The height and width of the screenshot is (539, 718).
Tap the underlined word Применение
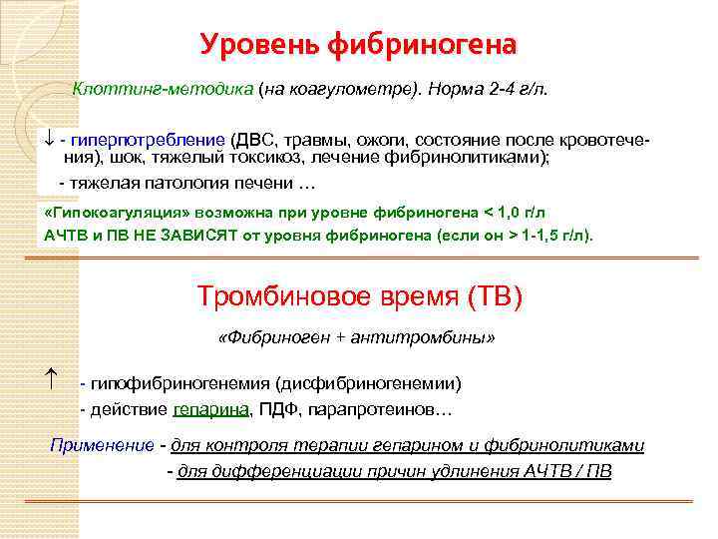[102, 445]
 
